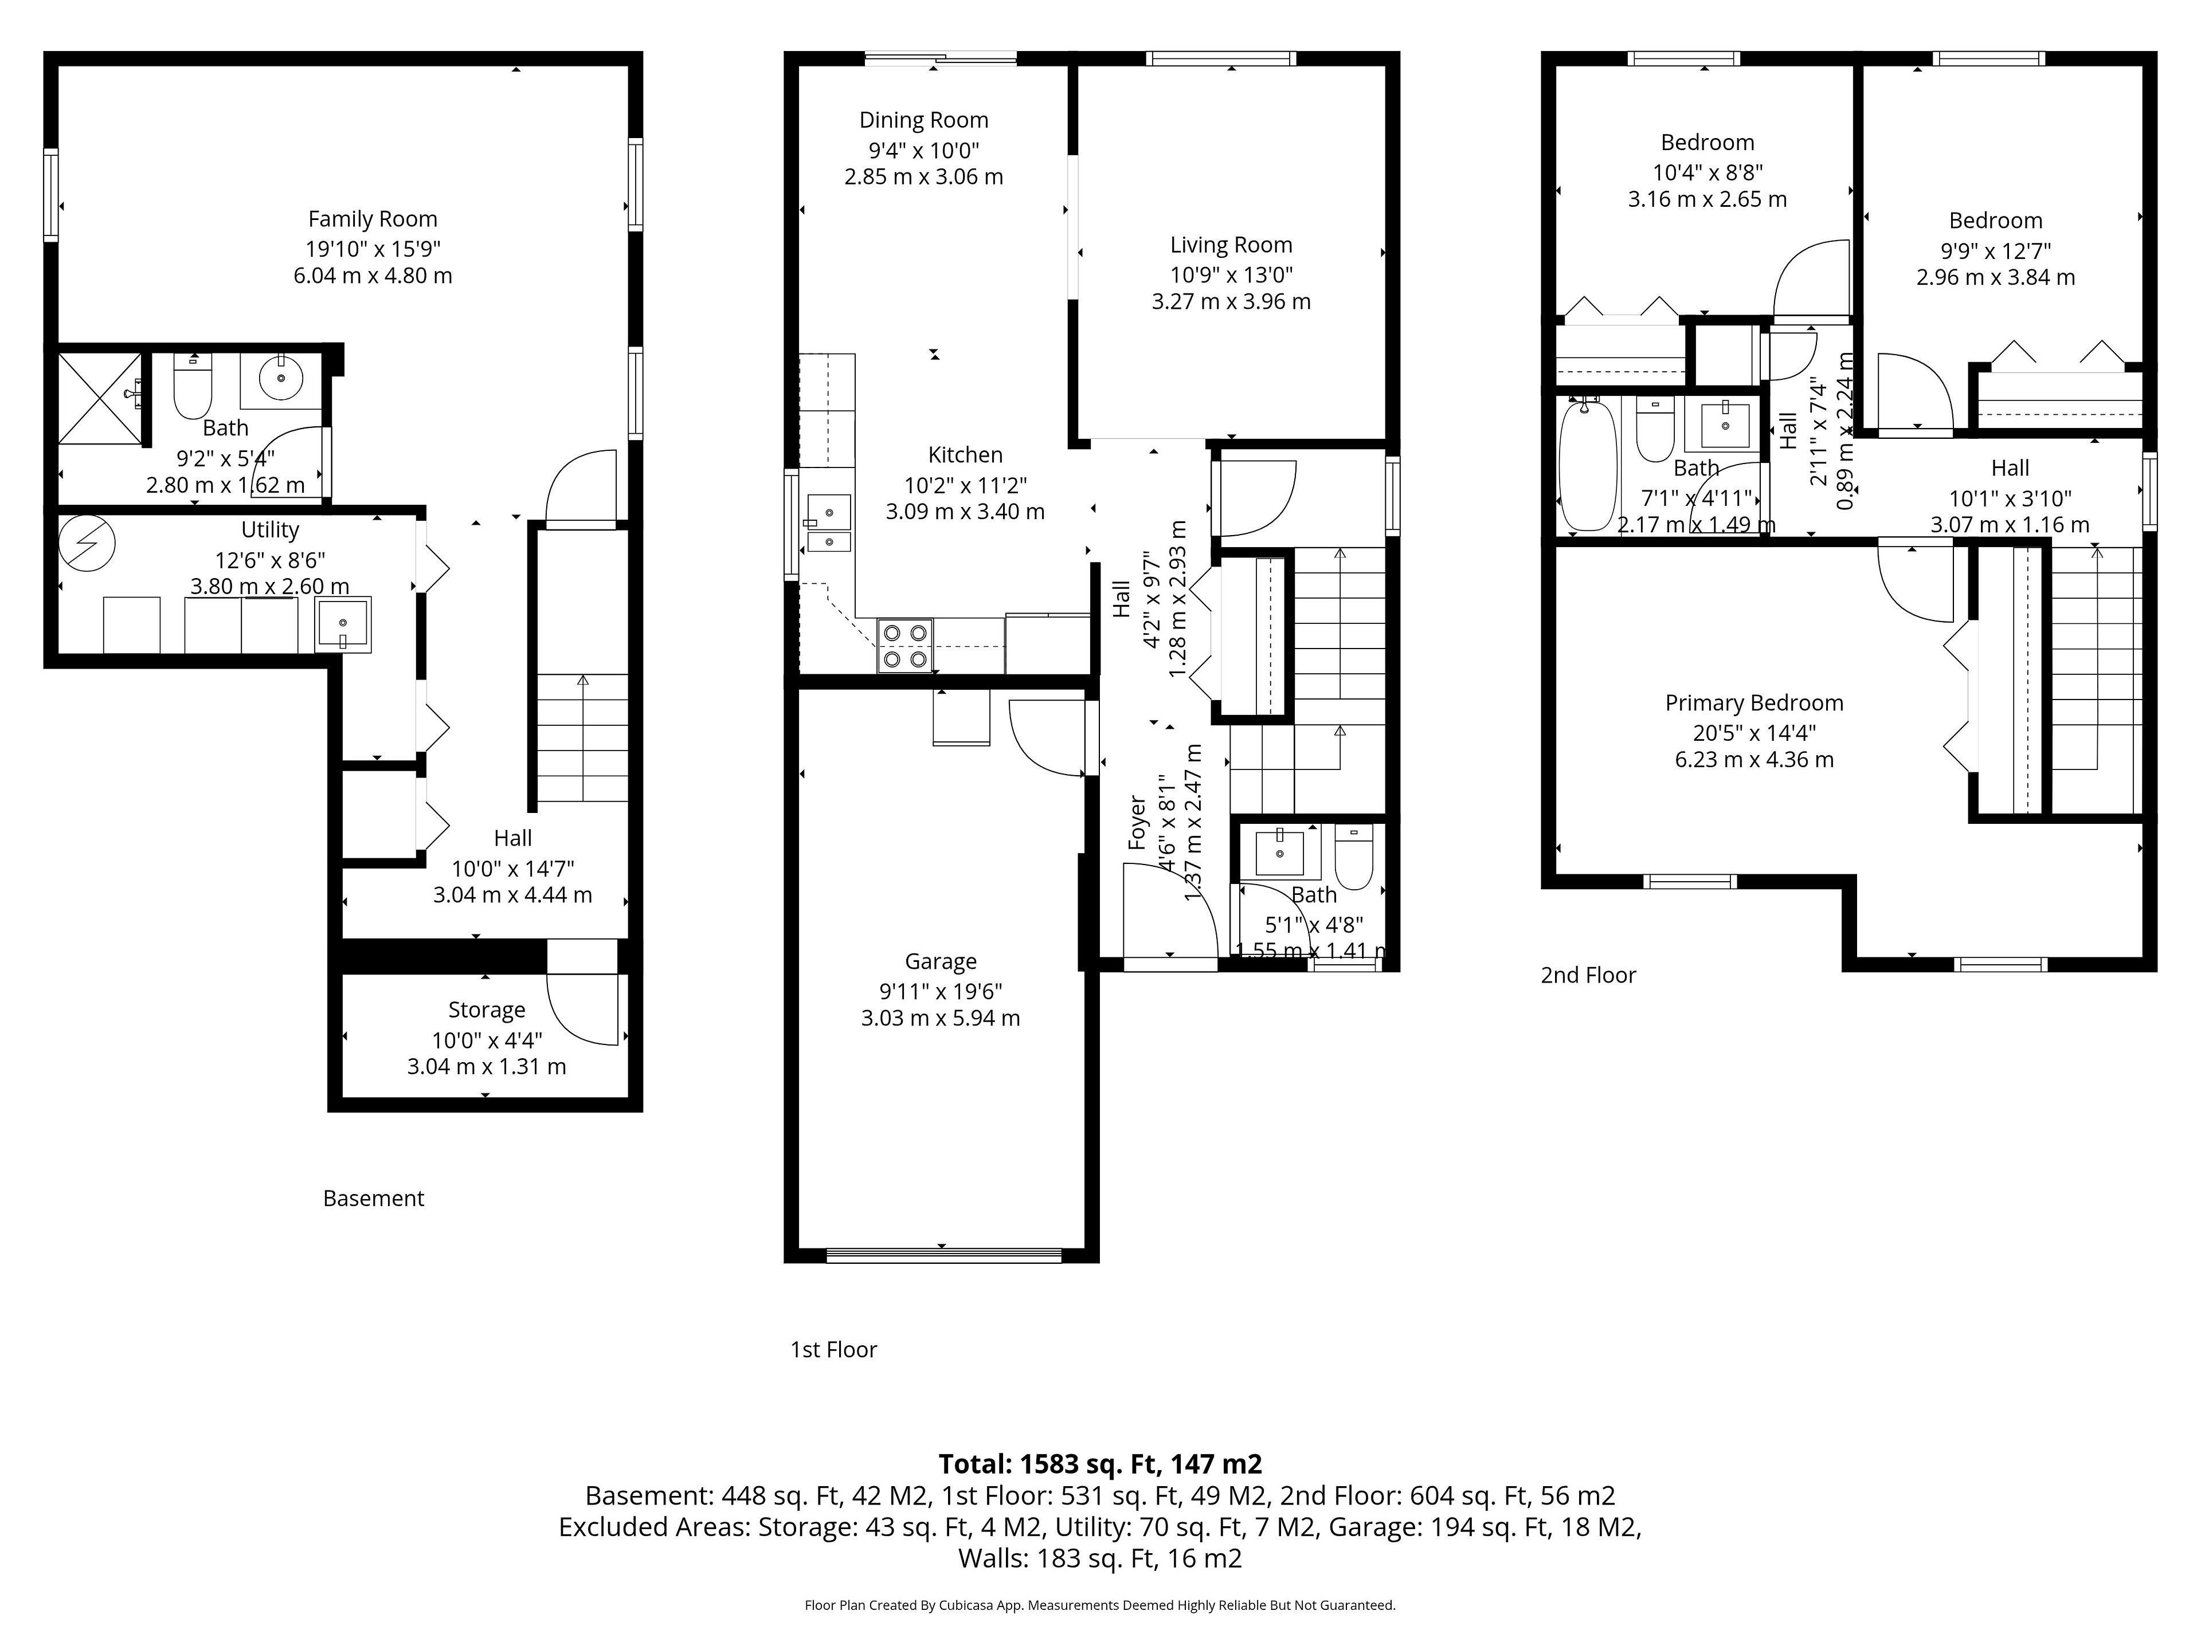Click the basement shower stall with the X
(99, 398)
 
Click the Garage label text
(941, 962)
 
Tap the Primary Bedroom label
(1754, 703)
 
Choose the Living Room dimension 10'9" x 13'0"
(1231, 274)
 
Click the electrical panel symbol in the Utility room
(87, 543)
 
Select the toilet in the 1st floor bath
(1353, 857)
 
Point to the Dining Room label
(923, 120)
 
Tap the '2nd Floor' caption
(1588, 976)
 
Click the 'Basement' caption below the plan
(373, 1199)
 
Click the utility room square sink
(342, 624)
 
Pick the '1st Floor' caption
(834, 1350)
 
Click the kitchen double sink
(828, 523)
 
